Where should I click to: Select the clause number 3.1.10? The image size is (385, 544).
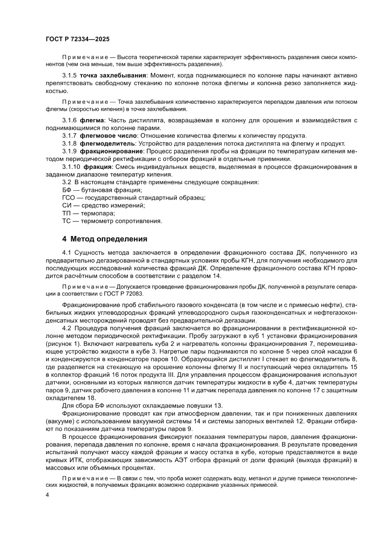(x=71, y=167)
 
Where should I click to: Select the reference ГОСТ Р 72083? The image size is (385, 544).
(x=125, y=294)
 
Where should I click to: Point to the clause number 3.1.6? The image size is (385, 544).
(x=69, y=121)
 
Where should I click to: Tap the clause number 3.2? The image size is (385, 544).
(x=67, y=182)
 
